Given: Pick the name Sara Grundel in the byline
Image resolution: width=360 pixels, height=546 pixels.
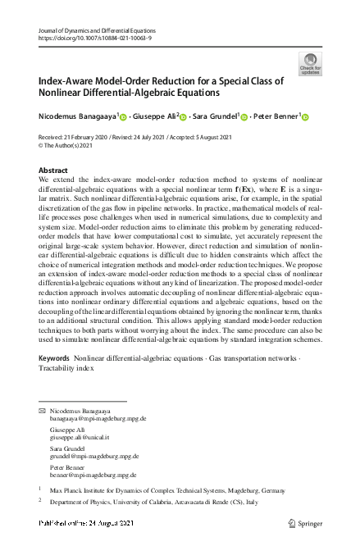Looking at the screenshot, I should [214, 116].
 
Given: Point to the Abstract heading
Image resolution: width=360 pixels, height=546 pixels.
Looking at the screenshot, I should [53, 171].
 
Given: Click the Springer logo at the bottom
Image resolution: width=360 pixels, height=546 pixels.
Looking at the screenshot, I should [308, 522].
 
